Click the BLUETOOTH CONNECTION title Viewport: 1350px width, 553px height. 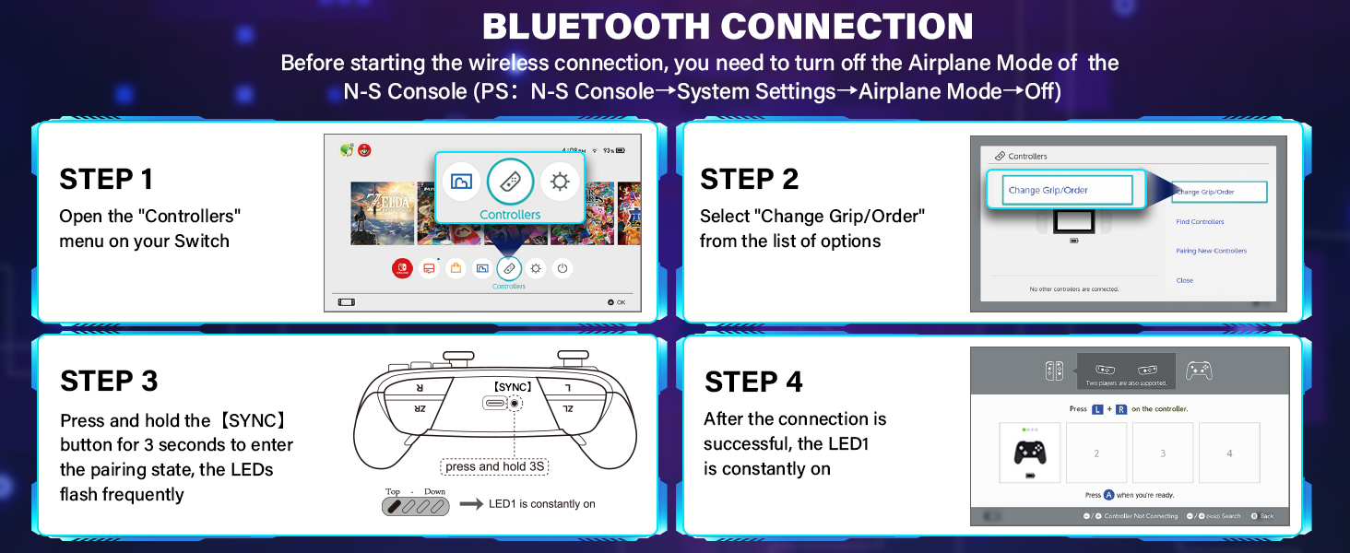728,26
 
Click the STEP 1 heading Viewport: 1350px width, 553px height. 106,179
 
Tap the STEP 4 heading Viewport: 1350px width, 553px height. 752,382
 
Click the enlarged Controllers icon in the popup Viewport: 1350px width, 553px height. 510,182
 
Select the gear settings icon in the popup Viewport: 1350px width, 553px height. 560,182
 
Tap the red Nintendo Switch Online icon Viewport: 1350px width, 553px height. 403,268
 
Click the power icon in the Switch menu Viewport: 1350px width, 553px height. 562,268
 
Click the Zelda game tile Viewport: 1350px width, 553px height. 382,213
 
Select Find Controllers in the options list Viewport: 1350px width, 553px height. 1200,222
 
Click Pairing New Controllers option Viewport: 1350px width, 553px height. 1211,251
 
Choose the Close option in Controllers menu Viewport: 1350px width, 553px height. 1184,280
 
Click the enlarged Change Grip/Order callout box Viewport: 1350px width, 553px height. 1065,190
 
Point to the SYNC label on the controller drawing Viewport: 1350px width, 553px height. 513,387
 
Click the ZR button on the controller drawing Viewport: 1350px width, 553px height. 420,407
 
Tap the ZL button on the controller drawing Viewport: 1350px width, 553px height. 567,407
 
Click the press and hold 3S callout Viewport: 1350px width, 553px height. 494,466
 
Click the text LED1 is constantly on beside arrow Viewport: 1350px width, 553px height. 541,504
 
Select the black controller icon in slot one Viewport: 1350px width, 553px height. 1029,453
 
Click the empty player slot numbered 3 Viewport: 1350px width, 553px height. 1162,453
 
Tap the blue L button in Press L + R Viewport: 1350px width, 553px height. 1096,408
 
